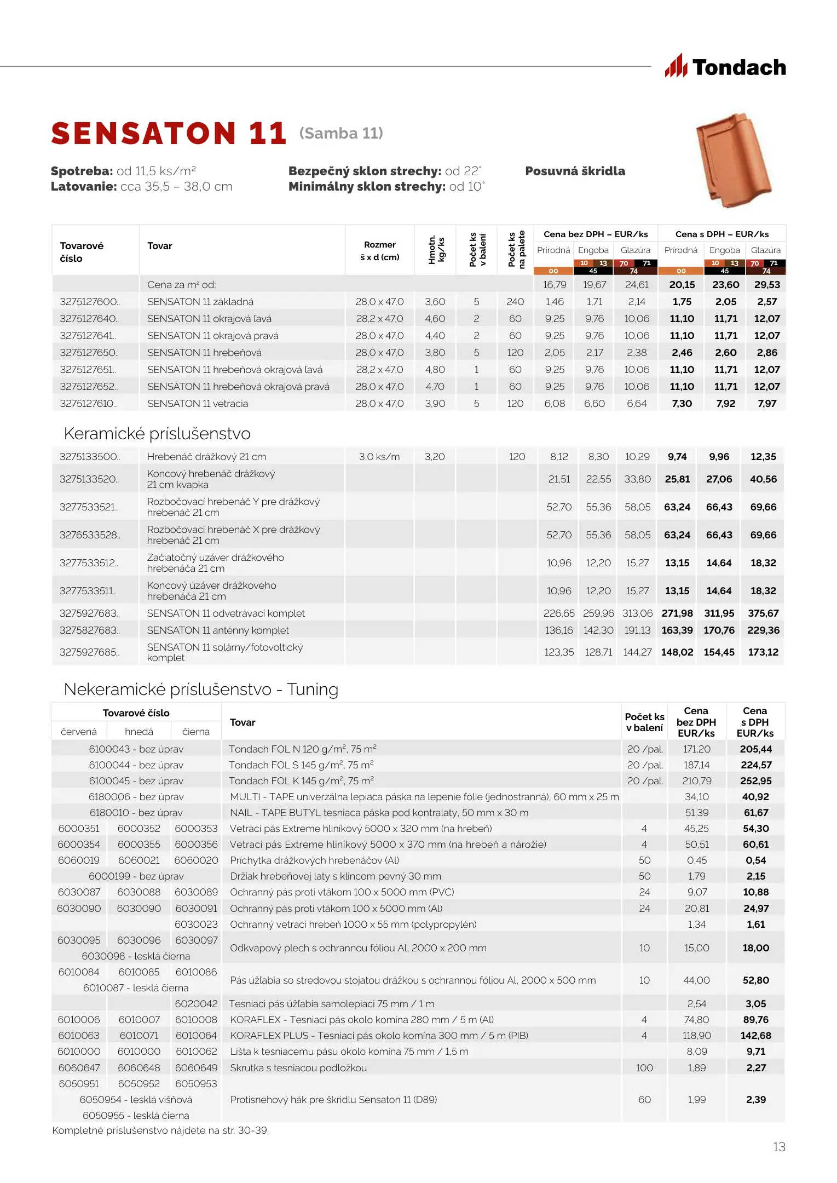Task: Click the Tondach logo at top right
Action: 725,67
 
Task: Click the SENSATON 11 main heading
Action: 169,134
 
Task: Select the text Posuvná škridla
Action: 575,171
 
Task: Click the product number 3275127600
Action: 89,302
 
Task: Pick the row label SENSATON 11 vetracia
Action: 197,404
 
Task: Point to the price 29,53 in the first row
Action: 766,285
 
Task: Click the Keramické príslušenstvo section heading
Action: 157,434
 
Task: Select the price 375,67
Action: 763,613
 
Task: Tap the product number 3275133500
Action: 89,457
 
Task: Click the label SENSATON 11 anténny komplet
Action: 218,630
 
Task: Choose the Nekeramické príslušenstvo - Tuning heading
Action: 201,690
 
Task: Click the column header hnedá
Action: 139,732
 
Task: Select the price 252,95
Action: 755,781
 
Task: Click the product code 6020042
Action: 196,1004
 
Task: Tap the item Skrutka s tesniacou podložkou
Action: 298,1068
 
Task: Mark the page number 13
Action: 778,1147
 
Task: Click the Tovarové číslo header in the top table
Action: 82,252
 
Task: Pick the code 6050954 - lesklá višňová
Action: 136,1100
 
